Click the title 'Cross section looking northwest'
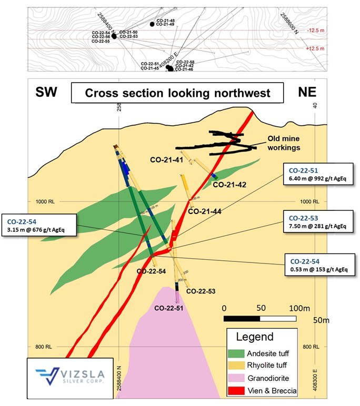pos(178,94)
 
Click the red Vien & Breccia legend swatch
pos(238,391)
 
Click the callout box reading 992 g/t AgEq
pos(317,174)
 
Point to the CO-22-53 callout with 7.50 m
pos(317,221)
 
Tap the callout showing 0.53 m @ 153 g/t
pos(317,265)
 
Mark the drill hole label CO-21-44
pos(204,211)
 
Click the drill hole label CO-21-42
pos(230,184)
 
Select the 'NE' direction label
pos(307,93)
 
